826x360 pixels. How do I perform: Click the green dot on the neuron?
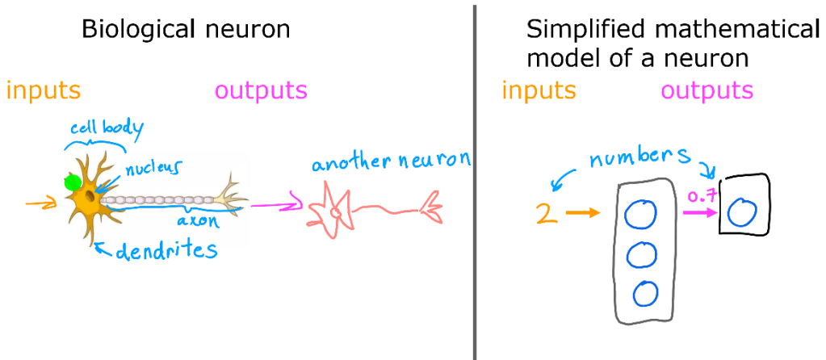click(x=73, y=182)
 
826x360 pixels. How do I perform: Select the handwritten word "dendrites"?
click(x=166, y=252)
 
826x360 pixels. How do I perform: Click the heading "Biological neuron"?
click(x=186, y=30)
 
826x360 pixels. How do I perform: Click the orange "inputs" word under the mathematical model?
click(x=539, y=90)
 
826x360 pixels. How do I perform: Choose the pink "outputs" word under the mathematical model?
click(x=707, y=90)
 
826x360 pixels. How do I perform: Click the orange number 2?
click(x=547, y=214)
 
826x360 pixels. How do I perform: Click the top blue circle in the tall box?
click(x=643, y=215)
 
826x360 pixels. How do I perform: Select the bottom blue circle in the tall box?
click(x=645, y=294)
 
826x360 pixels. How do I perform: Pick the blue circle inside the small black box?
click(x=742, y=213)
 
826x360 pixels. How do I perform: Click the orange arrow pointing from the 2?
click(x=582, y=214)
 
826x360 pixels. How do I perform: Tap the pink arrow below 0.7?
click(x=700, y=213)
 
